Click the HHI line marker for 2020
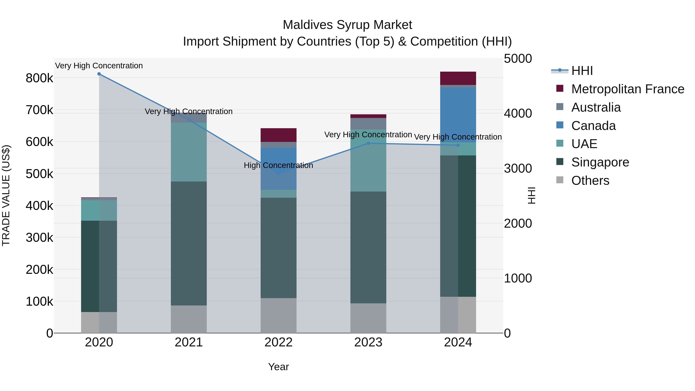(x=99, y=74)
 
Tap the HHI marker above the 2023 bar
(x=368, y=143)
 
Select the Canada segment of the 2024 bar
(x=458, y=115)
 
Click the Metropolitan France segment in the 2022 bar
(x=278, y=135)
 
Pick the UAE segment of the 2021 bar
(x=189, y=152)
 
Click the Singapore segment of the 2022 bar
(x=278, y=248)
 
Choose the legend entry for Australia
(x=596, y=107)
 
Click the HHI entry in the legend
(x=582, y=71)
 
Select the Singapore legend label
(x=600, y=162)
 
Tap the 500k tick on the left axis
(x=39, y=174)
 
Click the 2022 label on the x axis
(x=278, y=342)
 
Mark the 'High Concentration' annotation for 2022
(x=278, y=165)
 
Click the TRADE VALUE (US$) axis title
(x=6, y=195)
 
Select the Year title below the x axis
(x=278, y=367)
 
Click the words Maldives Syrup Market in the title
(x=347, y=25)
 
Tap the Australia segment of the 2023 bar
(x=368, y=124)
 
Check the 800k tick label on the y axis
(x=39, y=78)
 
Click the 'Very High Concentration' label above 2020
(x=99, y=66)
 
